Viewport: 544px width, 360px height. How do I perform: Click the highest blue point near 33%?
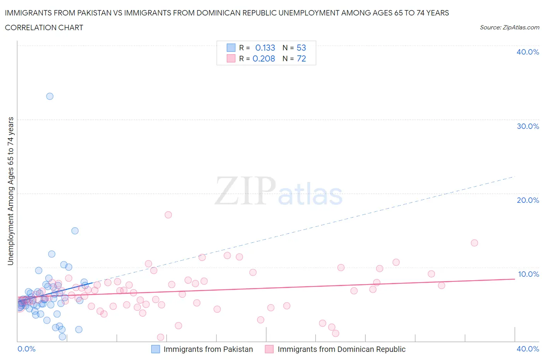50,96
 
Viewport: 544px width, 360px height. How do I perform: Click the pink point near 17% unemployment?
168,215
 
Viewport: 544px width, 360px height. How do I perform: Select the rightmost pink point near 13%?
474,243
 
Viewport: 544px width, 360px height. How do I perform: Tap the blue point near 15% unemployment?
75,231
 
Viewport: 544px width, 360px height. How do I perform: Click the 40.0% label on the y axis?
528,52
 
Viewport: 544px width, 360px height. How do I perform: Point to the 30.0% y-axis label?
528,126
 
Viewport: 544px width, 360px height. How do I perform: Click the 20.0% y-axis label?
528,200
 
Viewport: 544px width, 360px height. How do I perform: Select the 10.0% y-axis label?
528,274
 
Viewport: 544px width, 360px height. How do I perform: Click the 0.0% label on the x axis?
26,349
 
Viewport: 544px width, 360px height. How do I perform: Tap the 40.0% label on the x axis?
528,349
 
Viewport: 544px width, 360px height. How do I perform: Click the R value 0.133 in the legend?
265,48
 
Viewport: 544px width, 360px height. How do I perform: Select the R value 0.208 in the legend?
263,58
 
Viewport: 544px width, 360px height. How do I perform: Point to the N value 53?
301,48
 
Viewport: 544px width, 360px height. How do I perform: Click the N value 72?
301,58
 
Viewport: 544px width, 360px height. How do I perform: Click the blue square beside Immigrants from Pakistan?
155,349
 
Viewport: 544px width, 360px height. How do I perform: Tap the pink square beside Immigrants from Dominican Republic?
269,349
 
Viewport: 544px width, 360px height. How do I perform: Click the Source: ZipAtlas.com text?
509,27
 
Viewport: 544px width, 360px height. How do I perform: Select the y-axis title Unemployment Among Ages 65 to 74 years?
10,191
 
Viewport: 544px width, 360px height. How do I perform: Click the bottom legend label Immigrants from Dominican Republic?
341,349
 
